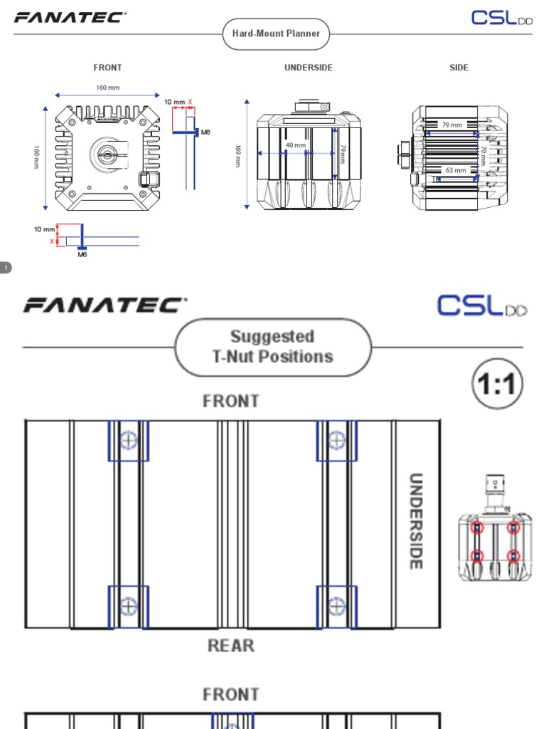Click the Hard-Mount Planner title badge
[x=276, y=33]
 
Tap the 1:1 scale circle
[x=497, y=387]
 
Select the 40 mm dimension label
[x=295, y=145]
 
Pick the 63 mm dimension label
[x=456, y=171]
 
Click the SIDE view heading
[x=459, y=68]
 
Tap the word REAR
[x=231, y=646]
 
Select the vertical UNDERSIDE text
[x=416, y=521]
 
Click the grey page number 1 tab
[x=6, y=268]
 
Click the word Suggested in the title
[x=272, y=336]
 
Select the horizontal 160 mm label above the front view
[x=107, y=88]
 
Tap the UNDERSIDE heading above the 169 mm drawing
[x=308, y=68]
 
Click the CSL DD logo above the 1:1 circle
[x=482, y=305]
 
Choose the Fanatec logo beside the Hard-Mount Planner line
[x=70, y=18]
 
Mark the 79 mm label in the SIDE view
[x=452, y=125]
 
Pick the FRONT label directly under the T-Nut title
[x=231, y=402]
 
